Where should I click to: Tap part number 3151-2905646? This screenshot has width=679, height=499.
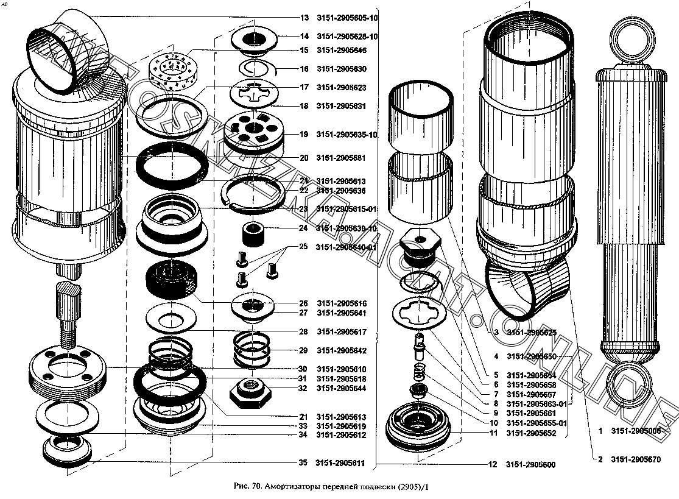tap(341, 51)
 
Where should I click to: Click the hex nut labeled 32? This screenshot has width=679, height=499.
tap(250, 390)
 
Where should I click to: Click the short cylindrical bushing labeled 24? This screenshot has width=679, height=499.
tap(251, 233)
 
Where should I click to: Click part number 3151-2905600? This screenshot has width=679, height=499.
tap(530, 465)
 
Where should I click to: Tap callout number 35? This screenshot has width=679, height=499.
tap(303, 463)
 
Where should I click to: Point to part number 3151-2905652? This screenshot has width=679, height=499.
tap(530, 433)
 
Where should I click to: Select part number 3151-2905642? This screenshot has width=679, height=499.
tap(341, 350)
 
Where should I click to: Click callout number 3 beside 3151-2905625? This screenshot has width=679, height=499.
tap(496, 333)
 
